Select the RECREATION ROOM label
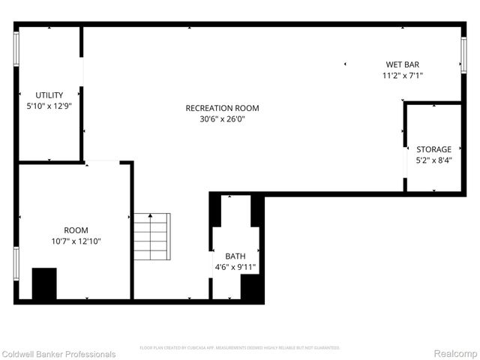pyautogui.click(x=222, y=108)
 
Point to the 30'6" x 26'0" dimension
pyautogui.click(x=222, y=118)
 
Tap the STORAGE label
pyautogui.click(x=434, y=149)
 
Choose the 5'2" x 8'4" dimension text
pyautogui.click(x=434, y=160)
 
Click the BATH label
pyautogui.click(x=235, y=256)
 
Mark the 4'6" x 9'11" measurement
pyautogui.click(x=235, y=266)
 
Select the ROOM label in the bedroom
pyautogui.click(x=76, y=230)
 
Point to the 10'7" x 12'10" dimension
pyautogui.click(x=76, y=241)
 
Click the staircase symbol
pyautogui.click(x=151, y=235)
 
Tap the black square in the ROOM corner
pyautogui.click(x=44, y=283)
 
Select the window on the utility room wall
pyautogui.click(x=16, y=49)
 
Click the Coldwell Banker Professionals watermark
pyautogui.click(x=58, y=354)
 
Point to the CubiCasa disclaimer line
pyautogui.click(x=240, y=348)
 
